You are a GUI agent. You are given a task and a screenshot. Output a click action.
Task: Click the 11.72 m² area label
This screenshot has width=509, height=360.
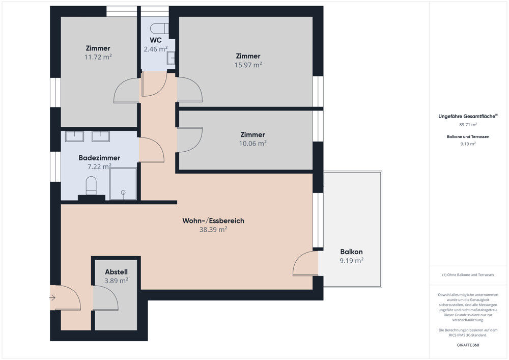point(98,57)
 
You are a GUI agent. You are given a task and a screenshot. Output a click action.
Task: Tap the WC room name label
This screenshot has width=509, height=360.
point(156,40)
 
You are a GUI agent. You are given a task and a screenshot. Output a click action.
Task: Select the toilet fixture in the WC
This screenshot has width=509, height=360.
point(160,29)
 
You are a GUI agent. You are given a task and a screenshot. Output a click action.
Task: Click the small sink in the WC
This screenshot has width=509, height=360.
point(171,58)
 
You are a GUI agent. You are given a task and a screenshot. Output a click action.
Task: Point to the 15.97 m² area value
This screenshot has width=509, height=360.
point(248,65)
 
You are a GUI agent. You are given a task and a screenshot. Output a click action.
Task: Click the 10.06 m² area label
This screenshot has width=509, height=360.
point(253,143)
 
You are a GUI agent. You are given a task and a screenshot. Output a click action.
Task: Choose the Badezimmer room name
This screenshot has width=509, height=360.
point(99,158)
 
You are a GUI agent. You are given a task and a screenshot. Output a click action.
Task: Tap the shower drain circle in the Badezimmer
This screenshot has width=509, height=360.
point(123,192)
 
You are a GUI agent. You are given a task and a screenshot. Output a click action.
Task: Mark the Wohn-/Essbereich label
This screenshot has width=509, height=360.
point(213,221)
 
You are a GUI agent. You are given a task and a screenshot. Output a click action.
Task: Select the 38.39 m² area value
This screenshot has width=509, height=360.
point(213,230)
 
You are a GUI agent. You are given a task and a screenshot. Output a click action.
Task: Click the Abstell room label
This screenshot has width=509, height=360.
point(116,272)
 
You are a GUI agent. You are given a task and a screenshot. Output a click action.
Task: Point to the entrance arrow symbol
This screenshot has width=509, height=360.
point(52,298)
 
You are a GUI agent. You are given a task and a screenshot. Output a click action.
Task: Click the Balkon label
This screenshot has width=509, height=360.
point(352,252)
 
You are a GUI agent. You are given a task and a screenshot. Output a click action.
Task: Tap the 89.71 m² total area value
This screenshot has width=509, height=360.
point(468,124)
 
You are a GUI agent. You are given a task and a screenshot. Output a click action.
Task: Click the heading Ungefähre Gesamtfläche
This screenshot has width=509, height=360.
point(467,116)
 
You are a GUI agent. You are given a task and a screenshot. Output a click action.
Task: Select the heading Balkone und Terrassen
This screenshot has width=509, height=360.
point(468,136)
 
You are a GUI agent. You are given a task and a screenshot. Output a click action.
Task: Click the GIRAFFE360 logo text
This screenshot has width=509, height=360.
point(468,345)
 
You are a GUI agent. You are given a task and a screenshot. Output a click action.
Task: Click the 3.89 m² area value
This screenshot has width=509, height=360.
point(116,281)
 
